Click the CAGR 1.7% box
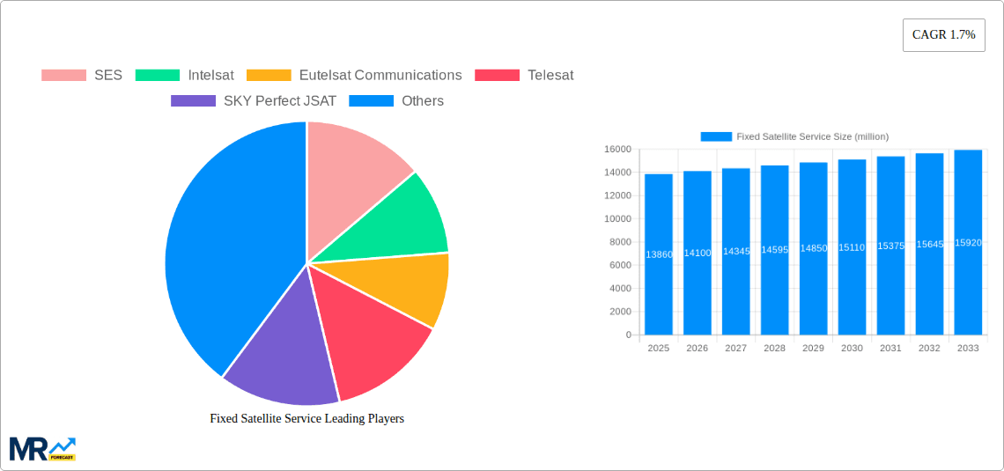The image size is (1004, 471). coord(943,35)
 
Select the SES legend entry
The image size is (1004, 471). coord(82,76)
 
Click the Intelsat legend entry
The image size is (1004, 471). coord(185,76)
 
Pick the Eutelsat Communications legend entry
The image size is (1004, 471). coord(355,76)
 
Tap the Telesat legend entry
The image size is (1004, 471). coord(524,76)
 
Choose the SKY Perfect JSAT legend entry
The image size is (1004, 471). coord(254,101)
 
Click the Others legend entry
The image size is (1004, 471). coord(396,101)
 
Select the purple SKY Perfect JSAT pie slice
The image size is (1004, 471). coord(277,352)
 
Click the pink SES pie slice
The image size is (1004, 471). coord(352,167)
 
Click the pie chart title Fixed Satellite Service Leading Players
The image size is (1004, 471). coord(306,419)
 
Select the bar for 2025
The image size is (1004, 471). coord(659,254)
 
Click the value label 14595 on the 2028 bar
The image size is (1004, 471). coord(774,250)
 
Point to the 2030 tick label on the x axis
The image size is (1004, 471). coord(852,349)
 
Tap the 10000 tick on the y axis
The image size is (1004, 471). coord(616,219)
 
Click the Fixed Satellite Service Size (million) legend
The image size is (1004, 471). coord(794,136)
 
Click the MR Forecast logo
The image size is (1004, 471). coord(42,449)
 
